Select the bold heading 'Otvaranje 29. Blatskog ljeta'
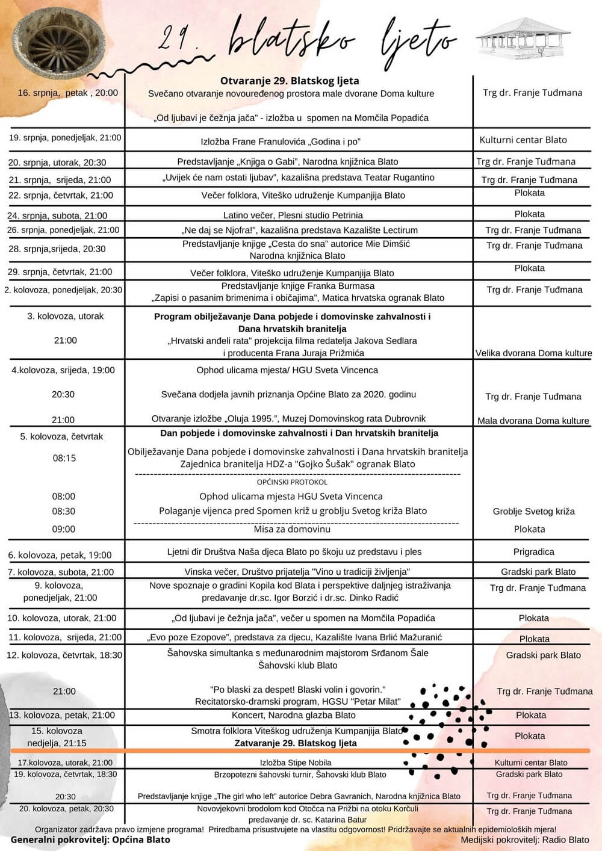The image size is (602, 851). click(x=290, y=81)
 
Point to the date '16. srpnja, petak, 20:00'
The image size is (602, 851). click(x=67, y=93)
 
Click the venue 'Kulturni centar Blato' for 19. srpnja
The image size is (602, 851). click(x=523, y=140)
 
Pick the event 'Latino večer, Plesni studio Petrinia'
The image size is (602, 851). click(x=293, y=215)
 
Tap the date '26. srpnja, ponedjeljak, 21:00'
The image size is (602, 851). click(x=63, y=230)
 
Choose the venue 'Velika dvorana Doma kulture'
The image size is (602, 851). click(x=533, y=353)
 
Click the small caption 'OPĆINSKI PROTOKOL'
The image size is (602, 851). click(x=292, y=482)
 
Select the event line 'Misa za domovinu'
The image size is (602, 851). click(x=292, y=529)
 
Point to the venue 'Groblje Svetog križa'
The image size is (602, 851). click(x=533, y=512)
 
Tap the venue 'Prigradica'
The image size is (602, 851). click(x=533, y=551)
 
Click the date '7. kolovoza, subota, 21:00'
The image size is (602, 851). click(x=61, y=572)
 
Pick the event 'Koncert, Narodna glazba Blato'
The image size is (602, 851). click(x=293, y=715)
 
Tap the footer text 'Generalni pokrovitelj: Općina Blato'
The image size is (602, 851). click(x=90, y=840)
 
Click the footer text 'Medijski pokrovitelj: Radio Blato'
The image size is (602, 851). click(x=525, y=840)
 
